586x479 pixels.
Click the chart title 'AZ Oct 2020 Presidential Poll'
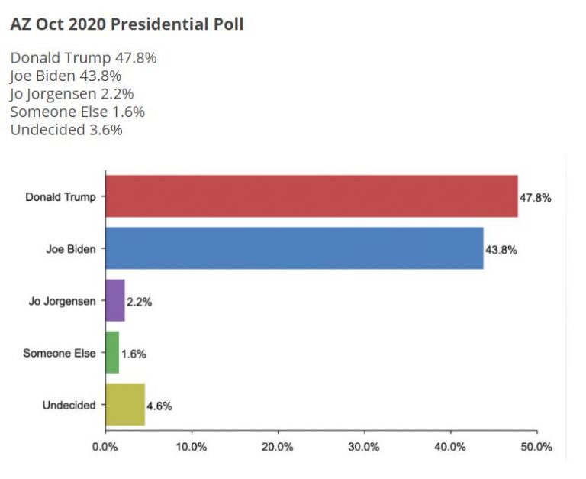(x=127, y=24)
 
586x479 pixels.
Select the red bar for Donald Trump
(x=311, y=196)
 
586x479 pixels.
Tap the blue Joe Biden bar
(x=294, y=248)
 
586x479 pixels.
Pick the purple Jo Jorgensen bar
(x=114, y=300)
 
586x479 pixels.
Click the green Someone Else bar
(x=111, y=352)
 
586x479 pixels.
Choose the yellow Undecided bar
(x=124, y=404)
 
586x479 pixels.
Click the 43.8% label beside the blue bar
(x=501, y=250)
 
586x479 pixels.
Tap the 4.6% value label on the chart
(x=159, y=406)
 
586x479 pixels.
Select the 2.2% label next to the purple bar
(x=139, y=302)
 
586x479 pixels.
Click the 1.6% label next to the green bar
(x=134, y=354)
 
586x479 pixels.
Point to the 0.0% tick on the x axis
(x=105, y=446)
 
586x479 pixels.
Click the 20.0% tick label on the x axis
(x=278, y=446)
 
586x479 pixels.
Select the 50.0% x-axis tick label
(x=536, y=446)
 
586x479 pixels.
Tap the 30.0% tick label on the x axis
(x=364, y=446)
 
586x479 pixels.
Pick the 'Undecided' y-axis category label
(x=69, y=405)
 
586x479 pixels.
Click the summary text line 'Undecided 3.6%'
(x=66, y=130)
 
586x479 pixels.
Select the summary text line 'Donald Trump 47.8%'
(x=84, y=58)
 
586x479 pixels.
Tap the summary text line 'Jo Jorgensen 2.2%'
(x=72, y=94)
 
